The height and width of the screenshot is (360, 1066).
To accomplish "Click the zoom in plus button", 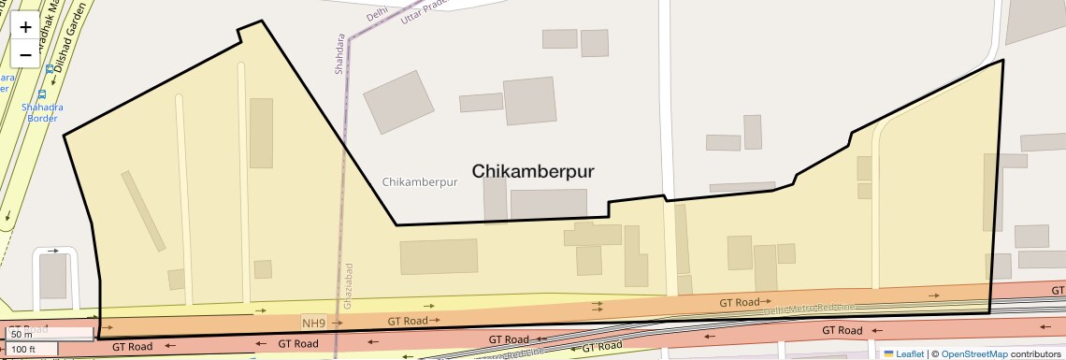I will pos(25,27).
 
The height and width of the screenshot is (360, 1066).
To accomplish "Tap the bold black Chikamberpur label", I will pos(533,171).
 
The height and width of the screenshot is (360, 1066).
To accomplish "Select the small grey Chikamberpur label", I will pos(420,182).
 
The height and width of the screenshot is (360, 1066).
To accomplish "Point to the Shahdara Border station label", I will pos(42,112).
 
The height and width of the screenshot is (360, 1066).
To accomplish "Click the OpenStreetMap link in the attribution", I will pos(973,353).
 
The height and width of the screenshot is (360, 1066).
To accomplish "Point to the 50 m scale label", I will pos(21,334).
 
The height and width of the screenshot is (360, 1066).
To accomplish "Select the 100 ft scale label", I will pos(23,350).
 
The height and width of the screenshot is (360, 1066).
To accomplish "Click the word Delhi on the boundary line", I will pos(377,14).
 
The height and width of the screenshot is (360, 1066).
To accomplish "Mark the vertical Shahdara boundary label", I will pos(339,55).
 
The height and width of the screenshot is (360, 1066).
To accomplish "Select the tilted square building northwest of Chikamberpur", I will pos(398,102).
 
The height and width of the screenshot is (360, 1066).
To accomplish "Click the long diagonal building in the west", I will pos(143,210).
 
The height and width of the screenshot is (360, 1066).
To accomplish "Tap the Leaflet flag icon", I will pos(888,353).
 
